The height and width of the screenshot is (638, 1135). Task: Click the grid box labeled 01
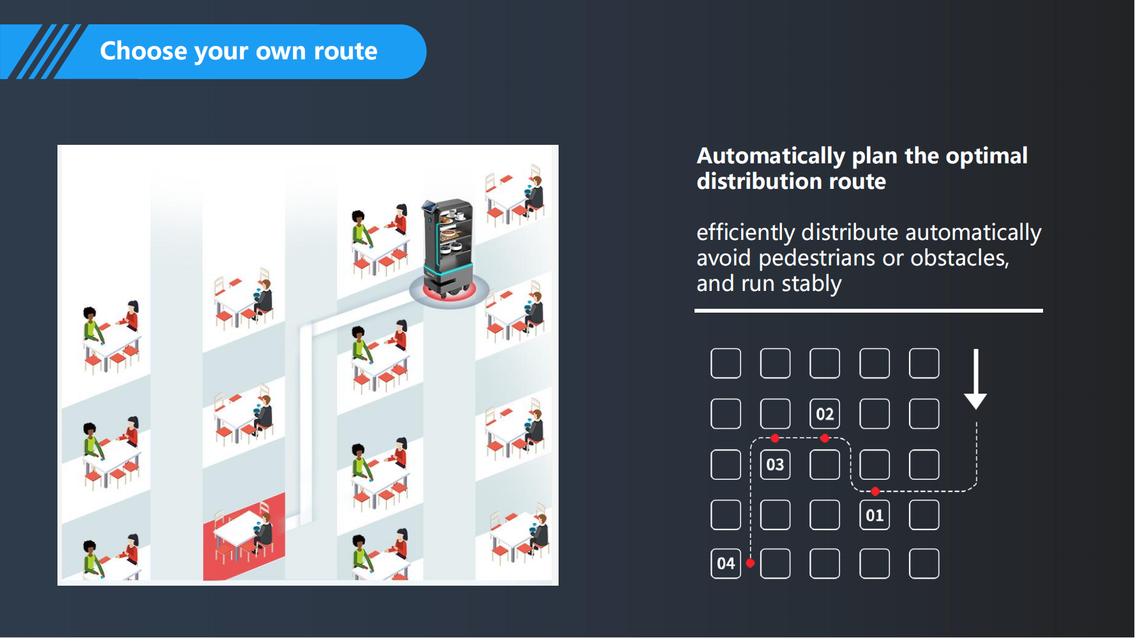click(x=875, y=515)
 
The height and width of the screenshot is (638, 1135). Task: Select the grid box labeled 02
click(x=825, y=414)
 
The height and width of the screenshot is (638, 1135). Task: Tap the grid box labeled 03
click(x=775, y=464)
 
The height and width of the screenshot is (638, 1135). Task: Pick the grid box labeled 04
click(x=726, y=563)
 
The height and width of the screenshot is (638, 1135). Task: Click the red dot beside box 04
click(x=751, y=563)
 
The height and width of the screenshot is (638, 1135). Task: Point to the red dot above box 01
click(x=875, y=491)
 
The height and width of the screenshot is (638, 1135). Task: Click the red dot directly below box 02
click(x=825, y=438)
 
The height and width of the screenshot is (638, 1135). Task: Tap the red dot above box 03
click(x=775, y=438)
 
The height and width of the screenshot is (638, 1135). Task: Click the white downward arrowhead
click(x=975, y=401)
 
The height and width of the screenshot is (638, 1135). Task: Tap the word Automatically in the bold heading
click(x=771, y=156)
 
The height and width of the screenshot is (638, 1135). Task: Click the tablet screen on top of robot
click(x=429, y=206)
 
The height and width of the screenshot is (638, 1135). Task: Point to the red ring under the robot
click(x=449, y=293)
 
